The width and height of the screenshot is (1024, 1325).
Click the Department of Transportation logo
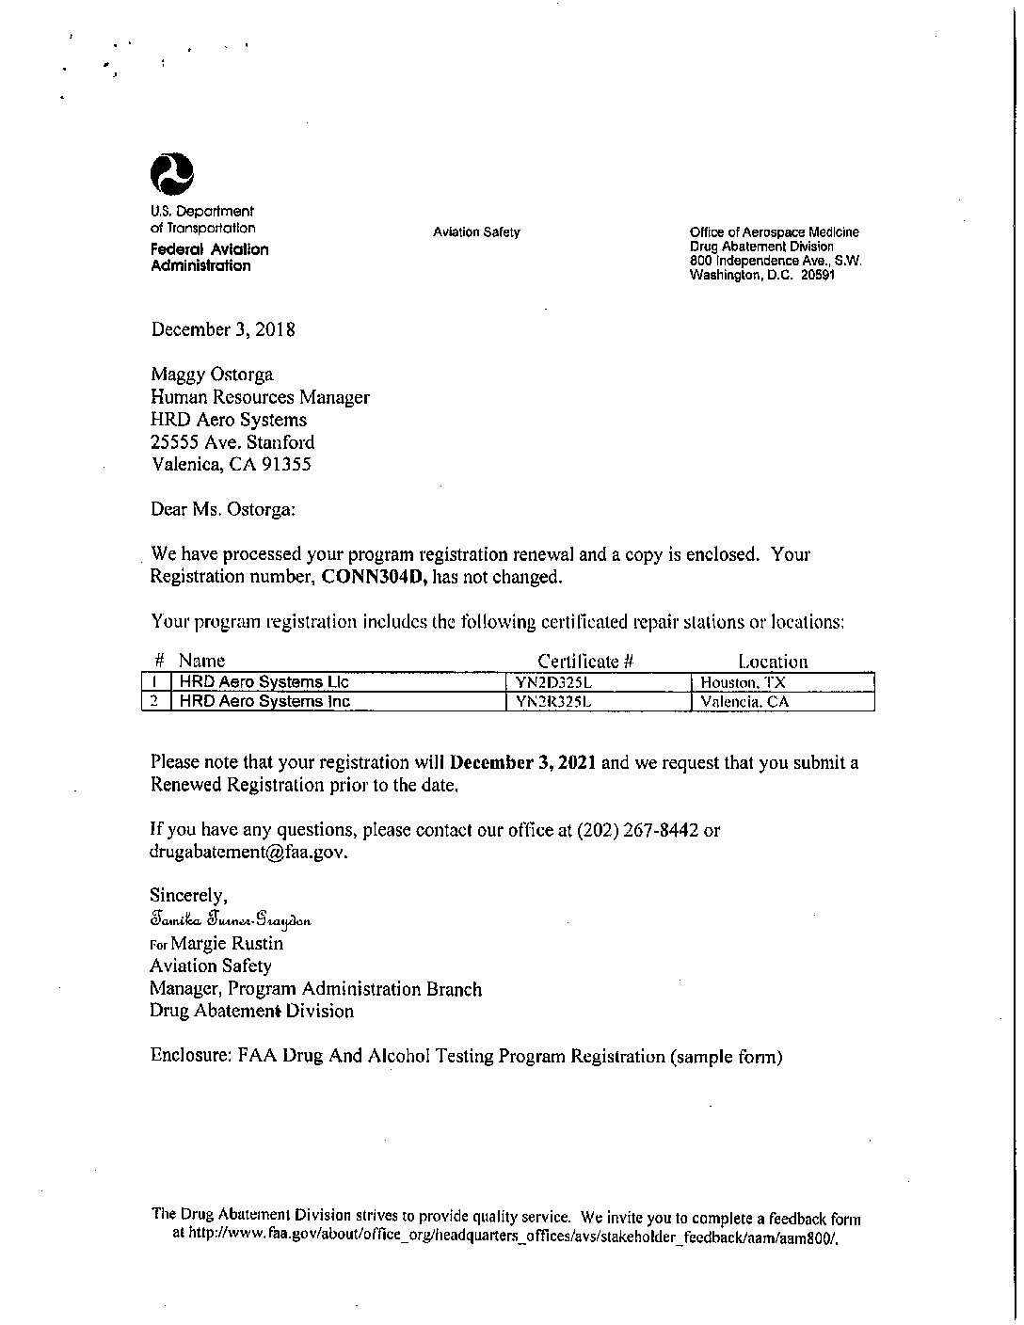coord(172,173)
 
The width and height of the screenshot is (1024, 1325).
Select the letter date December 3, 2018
coord(223,329)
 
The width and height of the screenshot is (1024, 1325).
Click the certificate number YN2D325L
coord(552,682)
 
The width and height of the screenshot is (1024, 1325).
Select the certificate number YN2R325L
coord(552,702)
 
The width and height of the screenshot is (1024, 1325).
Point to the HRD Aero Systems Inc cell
coord(264,702)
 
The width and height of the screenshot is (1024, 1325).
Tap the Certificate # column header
coord(585,662)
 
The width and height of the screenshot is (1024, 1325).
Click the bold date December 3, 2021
coord(522,762)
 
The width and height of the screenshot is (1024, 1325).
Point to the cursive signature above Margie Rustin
coord(230,919)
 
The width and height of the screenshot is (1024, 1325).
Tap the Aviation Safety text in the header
coord(476,232)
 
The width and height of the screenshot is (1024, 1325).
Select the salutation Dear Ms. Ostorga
coord(223,509)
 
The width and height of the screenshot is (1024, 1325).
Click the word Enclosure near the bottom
coord(185,1056)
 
